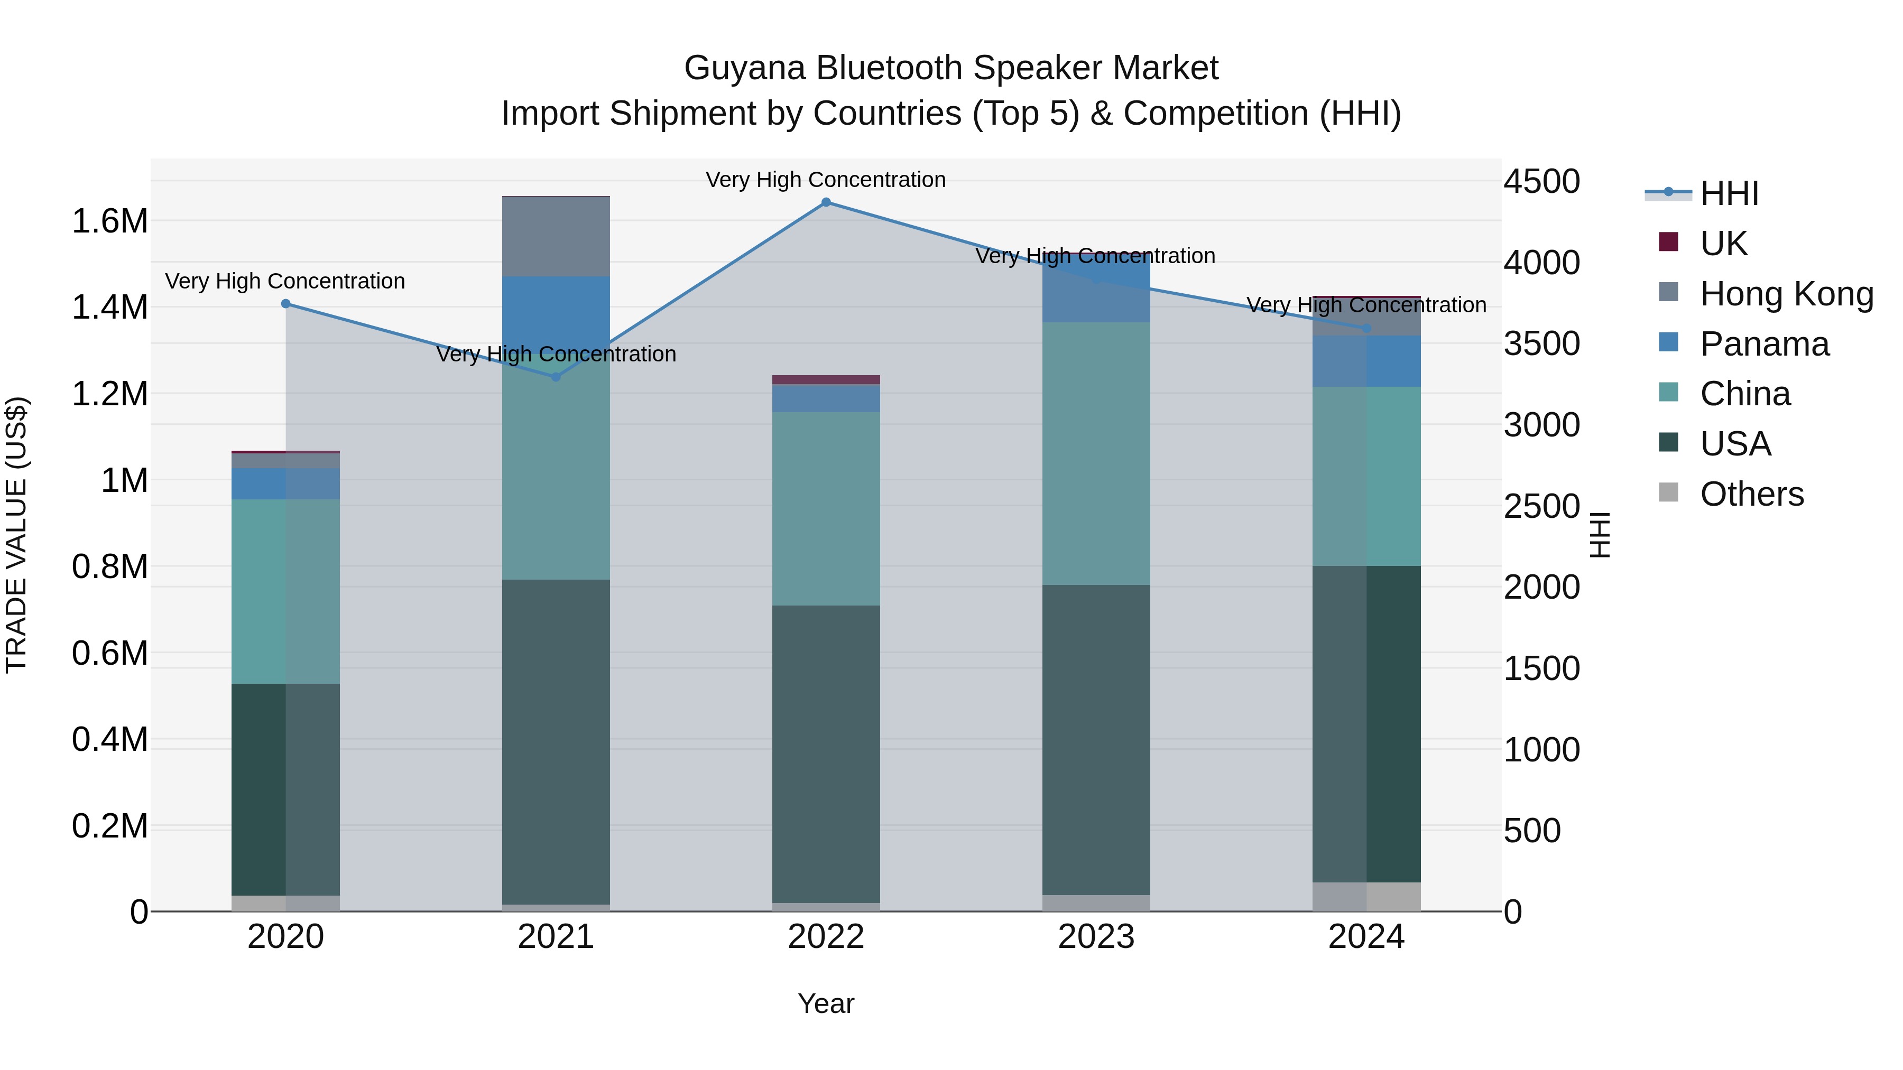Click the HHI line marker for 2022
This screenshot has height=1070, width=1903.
(x=826, y=202)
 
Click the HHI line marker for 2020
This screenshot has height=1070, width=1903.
(x=286, y=303)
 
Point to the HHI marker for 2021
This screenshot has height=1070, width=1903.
(x=556, y=377)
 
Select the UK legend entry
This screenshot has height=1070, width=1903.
(x=1723, y=243)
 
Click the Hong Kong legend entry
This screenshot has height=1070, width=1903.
(x=1786, y=293)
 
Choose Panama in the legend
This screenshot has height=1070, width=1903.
(x=1764, y=343)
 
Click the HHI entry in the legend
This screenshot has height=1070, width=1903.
(x=1729, y=193)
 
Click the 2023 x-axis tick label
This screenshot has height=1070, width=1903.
(x=1096, y=937)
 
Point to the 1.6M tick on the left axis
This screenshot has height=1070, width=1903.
(x=109, y=221)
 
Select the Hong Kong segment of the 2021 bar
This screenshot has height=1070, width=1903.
(x=556, y=236)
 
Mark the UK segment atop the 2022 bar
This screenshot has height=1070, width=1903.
(x=826, y=379)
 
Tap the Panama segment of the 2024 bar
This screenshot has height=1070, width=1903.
(x=1366, y=361)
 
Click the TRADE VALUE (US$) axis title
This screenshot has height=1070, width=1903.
(x=16, y=535)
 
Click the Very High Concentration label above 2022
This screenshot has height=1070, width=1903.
(x=826, y=180)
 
